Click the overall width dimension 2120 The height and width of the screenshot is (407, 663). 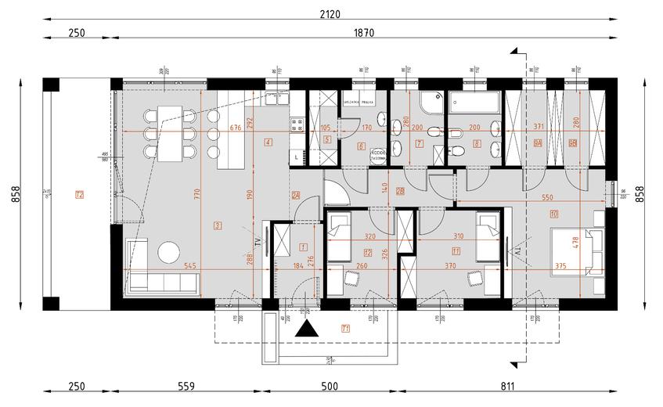[328, 13]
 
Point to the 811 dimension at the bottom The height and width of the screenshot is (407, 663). [506, 385]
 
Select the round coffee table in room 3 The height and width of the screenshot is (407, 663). [169, 251]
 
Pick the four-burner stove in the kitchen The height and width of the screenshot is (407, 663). [297, 123]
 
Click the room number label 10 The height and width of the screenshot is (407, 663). [554, 213]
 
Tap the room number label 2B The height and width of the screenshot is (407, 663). [399, 191]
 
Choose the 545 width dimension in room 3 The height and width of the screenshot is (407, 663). [189, 266]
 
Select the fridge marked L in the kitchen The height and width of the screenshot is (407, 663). [296, 157]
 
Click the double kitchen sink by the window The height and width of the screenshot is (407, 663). [275, 99]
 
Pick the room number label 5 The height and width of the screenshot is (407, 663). [327, 139]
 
